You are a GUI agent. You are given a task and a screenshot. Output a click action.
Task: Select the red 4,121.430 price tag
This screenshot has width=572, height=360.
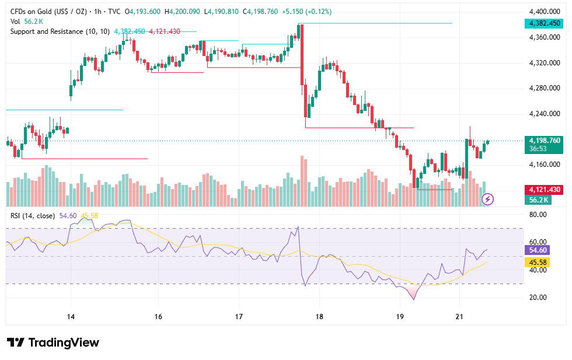(x=544, y=190)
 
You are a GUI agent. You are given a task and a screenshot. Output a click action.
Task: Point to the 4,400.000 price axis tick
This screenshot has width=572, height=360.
(x=544, y=12)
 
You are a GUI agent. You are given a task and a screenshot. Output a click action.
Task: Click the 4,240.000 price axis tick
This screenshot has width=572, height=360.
(x=544, y=114)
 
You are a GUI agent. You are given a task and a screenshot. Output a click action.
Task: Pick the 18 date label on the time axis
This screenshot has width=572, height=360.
(x=319, y=317)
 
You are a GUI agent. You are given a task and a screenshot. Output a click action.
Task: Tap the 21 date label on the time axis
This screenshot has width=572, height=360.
(x=459, y=317)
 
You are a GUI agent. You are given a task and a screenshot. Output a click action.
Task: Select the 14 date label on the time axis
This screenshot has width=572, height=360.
(x=71, y=317)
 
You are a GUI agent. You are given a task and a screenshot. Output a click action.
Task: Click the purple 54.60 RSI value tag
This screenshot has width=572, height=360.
(x=538, y=250)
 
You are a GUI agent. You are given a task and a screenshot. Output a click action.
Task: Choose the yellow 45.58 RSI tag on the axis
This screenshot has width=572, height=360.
(x=538, y=262)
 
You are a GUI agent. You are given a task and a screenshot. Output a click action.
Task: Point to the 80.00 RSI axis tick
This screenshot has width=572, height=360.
(x=538, y=215)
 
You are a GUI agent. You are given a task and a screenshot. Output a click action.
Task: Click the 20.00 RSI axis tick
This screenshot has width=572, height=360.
(x=538, y=297)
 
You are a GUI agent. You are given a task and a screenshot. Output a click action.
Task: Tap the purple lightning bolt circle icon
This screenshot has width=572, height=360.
(x=488, y=199)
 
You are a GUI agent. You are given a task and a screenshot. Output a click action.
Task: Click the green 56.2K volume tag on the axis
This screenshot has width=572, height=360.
(x=538, y=200)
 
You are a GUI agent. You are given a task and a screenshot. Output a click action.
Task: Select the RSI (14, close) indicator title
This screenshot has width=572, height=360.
(x=33, y=216)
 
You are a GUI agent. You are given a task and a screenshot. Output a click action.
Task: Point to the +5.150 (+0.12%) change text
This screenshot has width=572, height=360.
(x=306, y=12)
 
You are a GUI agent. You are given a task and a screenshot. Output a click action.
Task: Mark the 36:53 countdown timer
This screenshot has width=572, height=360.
(x=538, y=149)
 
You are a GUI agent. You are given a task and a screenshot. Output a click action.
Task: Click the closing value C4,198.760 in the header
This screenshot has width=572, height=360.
(x=260, y=12)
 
